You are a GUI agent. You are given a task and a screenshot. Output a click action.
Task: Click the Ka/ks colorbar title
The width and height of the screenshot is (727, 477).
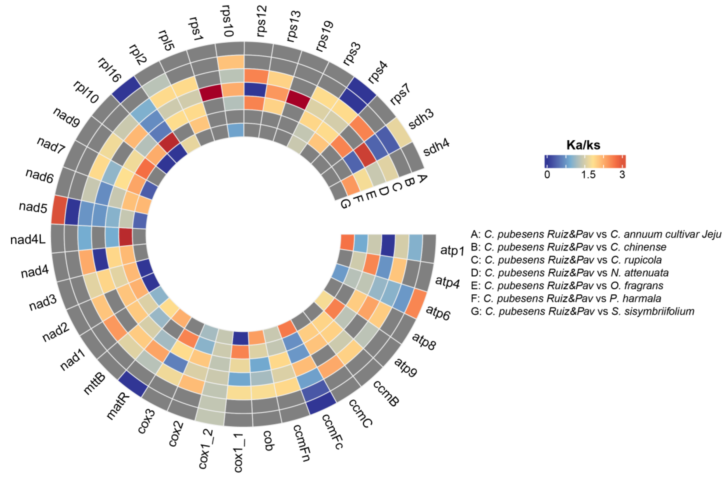[583, 145]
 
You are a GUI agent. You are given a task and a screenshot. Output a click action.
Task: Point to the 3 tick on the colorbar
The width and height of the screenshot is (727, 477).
[622, 174]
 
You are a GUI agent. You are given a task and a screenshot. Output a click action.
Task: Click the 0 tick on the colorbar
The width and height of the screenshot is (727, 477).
[547, 174]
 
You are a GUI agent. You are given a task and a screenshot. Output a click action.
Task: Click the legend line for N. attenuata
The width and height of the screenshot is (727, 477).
[570, 273]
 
